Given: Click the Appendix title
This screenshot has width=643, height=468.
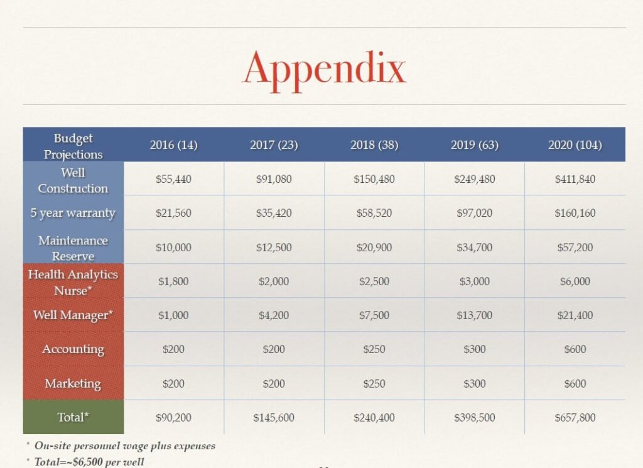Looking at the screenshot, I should pyautogui.click(x=325, y=68).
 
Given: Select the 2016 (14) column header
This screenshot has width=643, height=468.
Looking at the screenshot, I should pyautogui.click(x=173, y=145).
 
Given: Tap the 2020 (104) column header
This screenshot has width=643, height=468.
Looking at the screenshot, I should pyautogui.click(x=575, y=145).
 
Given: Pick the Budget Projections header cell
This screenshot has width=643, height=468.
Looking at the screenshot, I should pyautogui.click(x=73, y=146).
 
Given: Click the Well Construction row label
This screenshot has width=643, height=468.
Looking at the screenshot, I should pyautogui.click(x=73, y=180).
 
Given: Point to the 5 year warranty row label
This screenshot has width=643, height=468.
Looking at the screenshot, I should pyautogui.click(x=73, y=213).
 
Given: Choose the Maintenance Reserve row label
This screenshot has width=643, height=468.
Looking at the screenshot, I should pyautogui.click(x=73, y=248).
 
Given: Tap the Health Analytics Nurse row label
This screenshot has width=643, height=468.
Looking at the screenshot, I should pyautogui.click(x=73, y=282).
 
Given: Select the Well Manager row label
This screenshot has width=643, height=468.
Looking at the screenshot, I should pyautogui.click(x=73, y=315).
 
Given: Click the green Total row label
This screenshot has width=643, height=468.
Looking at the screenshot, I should pyautogui.click(x=73, y=417).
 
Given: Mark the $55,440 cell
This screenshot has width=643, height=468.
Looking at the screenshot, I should pyautogui.click(x=173, y=179).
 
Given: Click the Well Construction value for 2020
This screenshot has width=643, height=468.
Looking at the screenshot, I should pyautogui.click(x=575, y=179).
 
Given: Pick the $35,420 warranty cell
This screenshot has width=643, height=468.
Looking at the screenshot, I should pyautogui.click(x=274, y=213).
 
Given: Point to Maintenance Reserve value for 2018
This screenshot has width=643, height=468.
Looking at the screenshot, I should pyautogui.click(x=374, y=248).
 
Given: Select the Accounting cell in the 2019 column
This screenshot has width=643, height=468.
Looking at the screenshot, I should pyautogui.click(x=474, y=349).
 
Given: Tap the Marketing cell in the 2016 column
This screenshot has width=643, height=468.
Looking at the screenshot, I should pyautogui.click(x=173, y=383).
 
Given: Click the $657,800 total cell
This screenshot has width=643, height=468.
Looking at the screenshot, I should pyautogui.click(x=575, y=417).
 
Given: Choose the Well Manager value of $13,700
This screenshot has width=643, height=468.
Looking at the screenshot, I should pyautogui.click(x=474, y=315).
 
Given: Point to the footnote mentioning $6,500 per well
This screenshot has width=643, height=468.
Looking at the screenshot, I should pyautogui.click(x=89, y=462).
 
